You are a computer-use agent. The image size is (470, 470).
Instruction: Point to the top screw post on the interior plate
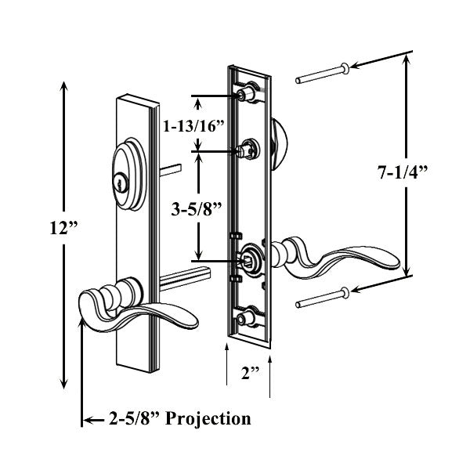click(x=248, y=94)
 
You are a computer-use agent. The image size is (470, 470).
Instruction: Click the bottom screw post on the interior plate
click(x=248, y=317)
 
